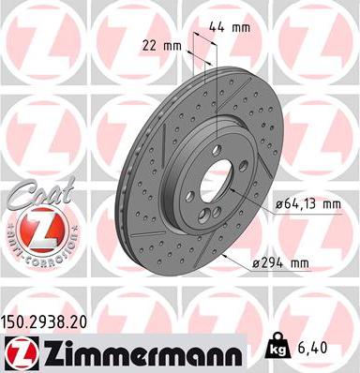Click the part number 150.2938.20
53,321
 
